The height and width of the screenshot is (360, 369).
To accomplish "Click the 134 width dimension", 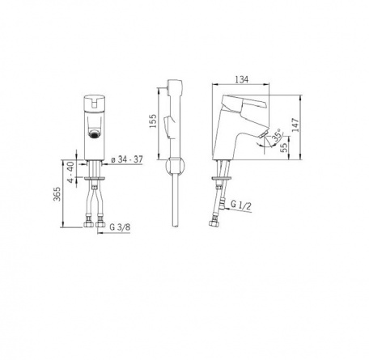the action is tap(241, 79).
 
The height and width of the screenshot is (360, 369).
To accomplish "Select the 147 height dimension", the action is tap(295, 125).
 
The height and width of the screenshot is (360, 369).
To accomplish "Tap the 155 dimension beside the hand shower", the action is tap(153, 121).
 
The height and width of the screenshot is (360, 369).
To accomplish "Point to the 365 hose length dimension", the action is tap(57, 194).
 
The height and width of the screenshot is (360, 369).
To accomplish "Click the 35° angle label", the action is tap(277, 135).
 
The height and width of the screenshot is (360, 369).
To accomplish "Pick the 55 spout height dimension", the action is tap(284, 148).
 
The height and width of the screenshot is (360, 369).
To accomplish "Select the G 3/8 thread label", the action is tap(120, 227).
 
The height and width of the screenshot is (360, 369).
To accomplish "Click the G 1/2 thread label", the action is tap(240, 205).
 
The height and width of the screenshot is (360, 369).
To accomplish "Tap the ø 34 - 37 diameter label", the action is tap(127, 159).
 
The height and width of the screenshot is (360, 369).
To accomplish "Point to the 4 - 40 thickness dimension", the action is tap(70, 172).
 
